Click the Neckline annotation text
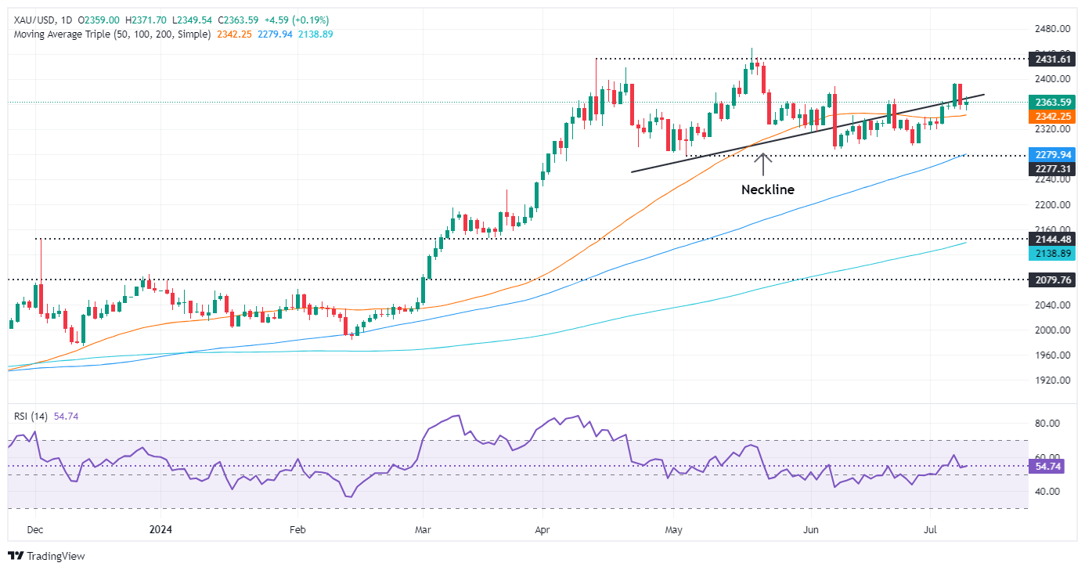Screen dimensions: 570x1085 [767, 189]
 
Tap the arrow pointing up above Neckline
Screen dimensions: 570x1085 [763, 164]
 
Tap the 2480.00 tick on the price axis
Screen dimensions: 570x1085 [1051, 29]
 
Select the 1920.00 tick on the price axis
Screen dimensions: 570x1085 [1051, 380]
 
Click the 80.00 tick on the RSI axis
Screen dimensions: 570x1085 [1047, 423]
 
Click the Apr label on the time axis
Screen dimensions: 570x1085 [542, 529]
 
